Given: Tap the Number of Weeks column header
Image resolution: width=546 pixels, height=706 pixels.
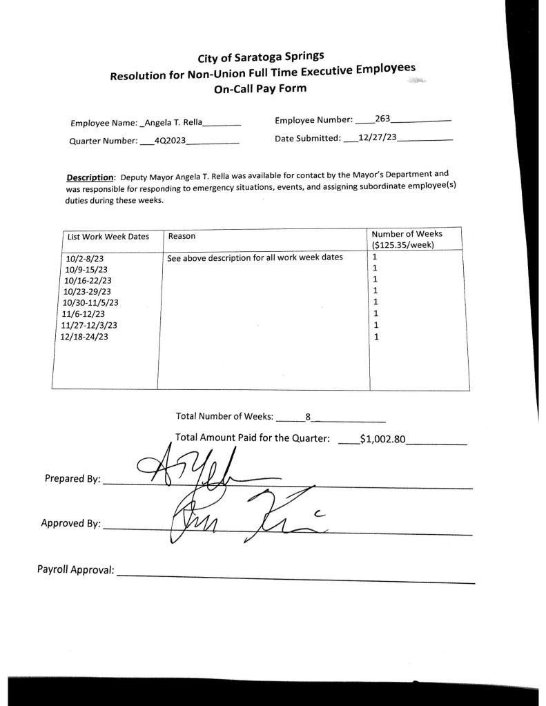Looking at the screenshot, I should coord(407,234).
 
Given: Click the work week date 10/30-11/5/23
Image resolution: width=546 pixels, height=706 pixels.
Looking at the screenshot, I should coord(90,302).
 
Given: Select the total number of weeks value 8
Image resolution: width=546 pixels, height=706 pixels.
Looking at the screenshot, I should coord(309,416).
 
